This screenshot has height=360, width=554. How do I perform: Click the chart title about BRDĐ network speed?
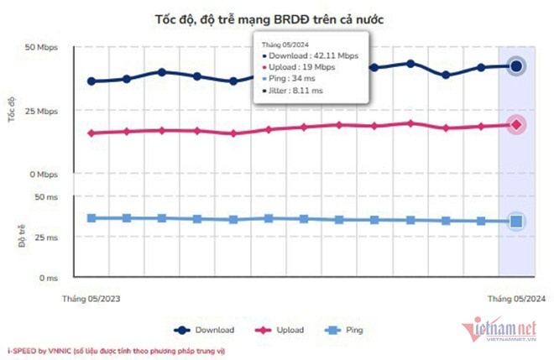click(275, 18)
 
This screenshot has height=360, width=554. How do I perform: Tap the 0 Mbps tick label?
click(43, 175)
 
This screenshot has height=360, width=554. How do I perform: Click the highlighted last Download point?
click(516, 65)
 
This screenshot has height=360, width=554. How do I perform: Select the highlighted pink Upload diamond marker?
click(516, 125)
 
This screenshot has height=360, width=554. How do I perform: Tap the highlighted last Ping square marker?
click(516, 222)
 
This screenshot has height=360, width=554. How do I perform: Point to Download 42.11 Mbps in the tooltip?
click(308, 55)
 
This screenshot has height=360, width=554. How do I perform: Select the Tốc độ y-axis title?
click(13, 110)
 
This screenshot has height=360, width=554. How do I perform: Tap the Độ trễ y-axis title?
click(13, 236)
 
